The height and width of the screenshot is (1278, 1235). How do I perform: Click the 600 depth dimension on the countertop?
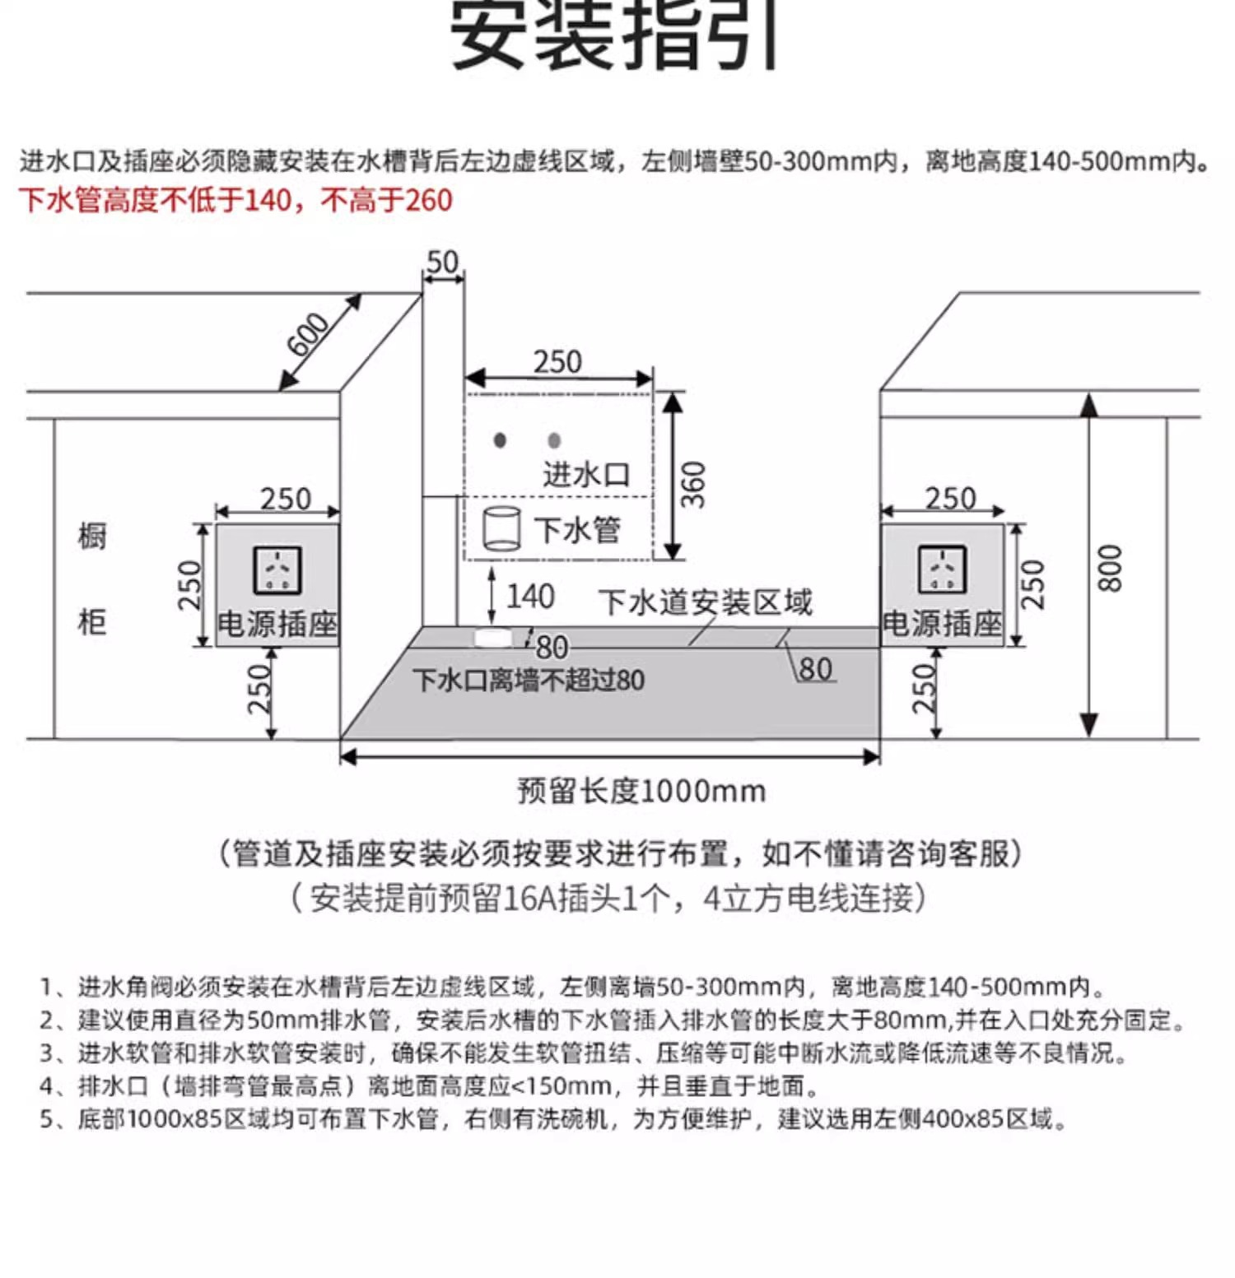(x=308, y=334)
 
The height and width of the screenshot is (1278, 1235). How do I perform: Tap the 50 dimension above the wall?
(x=442, y=263)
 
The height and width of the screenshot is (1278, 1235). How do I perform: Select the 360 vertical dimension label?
(x=694, y=484)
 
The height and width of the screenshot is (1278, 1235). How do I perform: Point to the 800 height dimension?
(x=1110, y=568)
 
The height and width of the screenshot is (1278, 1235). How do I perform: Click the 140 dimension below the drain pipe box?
(x=529, y=597)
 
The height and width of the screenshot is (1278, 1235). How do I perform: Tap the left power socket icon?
(x=277, y=569)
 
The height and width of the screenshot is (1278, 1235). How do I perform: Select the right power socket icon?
(x=942, y=569)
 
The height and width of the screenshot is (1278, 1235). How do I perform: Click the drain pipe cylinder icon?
(x=501, y=527)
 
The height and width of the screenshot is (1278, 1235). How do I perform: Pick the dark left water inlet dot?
(x=500, y=440)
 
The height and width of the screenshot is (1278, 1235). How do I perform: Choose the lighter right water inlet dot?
(x=554, y=441)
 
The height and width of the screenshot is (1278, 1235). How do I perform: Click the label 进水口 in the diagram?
(x=586, y=475)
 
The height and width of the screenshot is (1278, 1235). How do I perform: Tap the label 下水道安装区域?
(x=705, y=602)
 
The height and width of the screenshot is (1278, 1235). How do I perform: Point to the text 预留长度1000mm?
(x=641, y=791)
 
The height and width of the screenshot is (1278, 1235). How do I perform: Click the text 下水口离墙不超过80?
(x=529, y=681)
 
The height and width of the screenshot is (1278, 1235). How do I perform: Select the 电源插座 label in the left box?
(x=277, y=624)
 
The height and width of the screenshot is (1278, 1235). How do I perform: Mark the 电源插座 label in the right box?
(x=942, y=624)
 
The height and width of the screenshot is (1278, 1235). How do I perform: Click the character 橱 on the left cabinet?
(x=92, y=536)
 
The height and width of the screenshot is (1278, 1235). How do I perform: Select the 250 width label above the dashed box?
(x=557, y=362)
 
